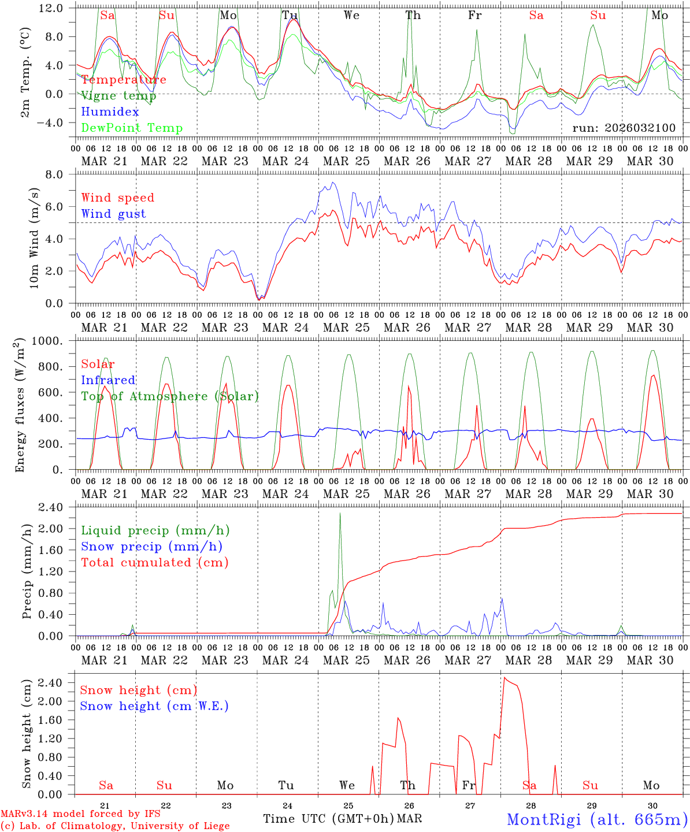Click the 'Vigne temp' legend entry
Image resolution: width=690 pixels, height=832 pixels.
(x=114, y=95)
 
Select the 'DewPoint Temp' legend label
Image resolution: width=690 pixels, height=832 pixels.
(x=132, y=128)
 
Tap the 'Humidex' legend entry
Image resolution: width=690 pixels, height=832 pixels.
(x=110, y=112)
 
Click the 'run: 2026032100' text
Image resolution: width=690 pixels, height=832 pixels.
(x=624, y=128)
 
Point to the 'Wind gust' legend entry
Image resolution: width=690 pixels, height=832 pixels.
(x=113, y=214)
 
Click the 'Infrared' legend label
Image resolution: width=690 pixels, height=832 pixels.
(x=108, y=380)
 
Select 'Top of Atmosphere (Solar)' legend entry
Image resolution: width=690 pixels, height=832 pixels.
(x=170, y=396)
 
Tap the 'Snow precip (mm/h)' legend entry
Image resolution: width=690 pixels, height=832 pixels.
(x=151, y=547)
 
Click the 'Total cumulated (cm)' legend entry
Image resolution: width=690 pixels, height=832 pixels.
(x=154, y=562)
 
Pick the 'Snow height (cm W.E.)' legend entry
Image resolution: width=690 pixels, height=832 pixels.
(x=154, y=706)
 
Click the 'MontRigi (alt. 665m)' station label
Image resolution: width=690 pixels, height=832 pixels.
(x=597, y=819)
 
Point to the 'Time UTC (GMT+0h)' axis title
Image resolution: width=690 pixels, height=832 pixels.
(x=329, y=819)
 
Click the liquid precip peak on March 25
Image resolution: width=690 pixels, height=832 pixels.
(x=340, y=513)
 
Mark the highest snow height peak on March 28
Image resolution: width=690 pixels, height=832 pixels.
(x=504, y=678)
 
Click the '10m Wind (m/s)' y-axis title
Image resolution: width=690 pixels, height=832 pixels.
(x=35, y=238)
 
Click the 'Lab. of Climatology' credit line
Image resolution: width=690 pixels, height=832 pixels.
(x=115, y=826)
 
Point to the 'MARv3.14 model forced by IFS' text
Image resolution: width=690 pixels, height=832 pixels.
(x=80, y=814)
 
